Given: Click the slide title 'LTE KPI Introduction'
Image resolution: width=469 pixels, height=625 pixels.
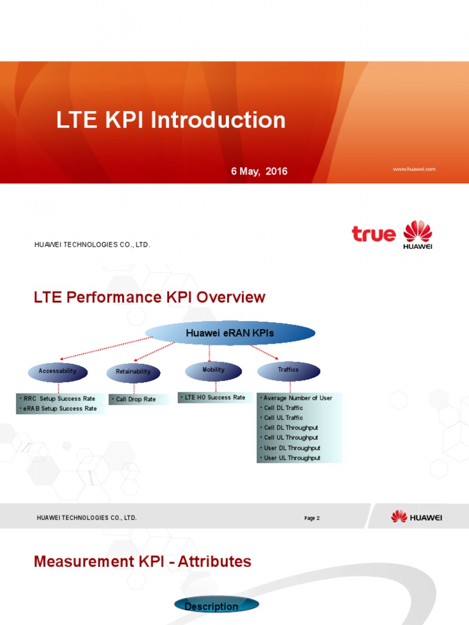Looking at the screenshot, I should point(171,120).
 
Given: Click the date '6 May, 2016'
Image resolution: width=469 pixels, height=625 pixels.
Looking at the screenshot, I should point(259,172).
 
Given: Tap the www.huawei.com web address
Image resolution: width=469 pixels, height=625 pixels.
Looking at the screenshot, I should point(414,169).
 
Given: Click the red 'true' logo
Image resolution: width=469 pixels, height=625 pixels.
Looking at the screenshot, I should point(373,233).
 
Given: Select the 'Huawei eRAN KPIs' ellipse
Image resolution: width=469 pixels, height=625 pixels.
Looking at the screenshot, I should point(230,333).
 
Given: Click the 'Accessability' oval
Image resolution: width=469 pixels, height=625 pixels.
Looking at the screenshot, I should point(58,371).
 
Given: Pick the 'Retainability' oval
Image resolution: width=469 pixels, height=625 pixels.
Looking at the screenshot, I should point(133,372).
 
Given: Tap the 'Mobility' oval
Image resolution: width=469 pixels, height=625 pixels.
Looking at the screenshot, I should point(213,370).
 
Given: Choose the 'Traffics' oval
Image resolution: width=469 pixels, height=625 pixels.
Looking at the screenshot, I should point(288,370).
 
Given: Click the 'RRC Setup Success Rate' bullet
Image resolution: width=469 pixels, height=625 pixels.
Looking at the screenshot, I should point(59,398).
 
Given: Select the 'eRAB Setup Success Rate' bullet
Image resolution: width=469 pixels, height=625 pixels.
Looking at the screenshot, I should point(60,408).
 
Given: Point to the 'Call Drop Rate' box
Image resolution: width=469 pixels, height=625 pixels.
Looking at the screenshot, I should point(137,399).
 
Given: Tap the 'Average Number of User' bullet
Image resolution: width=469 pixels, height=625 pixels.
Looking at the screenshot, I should point(298,398).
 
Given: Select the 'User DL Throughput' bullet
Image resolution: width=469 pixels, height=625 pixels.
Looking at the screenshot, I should point(292,448).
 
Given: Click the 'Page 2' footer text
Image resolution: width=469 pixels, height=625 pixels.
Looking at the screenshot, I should point(312,518).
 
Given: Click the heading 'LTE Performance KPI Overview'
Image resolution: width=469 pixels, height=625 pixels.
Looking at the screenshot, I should point(150,298).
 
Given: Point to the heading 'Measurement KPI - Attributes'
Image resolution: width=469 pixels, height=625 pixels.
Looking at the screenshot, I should point(142,562).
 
